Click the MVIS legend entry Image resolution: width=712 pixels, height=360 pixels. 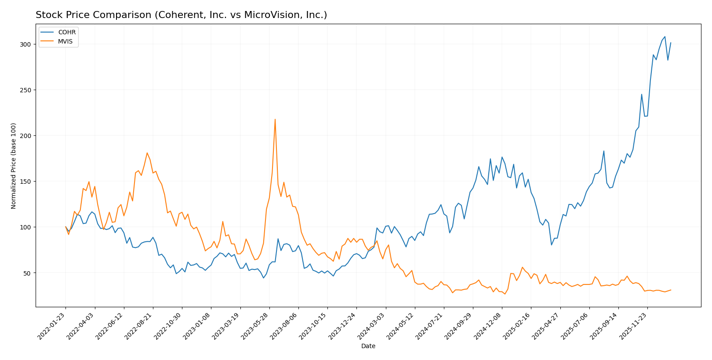coord(65,42)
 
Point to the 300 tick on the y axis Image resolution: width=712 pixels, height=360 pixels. coord(25,44)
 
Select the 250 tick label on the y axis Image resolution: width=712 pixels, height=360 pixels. coord(25,90)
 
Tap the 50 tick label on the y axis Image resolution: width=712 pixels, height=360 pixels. coord(27,273)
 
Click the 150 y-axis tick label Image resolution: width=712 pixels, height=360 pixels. coord(25,182)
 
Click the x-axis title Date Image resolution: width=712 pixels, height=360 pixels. coord(368,346)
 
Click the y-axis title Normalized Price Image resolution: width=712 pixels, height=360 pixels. coord(14,166)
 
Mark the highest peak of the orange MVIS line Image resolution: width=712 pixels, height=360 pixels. coord(275,119)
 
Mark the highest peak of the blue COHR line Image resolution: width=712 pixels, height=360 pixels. coord(665,36)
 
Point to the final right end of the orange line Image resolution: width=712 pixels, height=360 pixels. coord(671,290)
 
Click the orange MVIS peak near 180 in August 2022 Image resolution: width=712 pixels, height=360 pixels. coord(147,153)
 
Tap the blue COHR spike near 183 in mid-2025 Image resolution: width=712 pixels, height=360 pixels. coord(603,151)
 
